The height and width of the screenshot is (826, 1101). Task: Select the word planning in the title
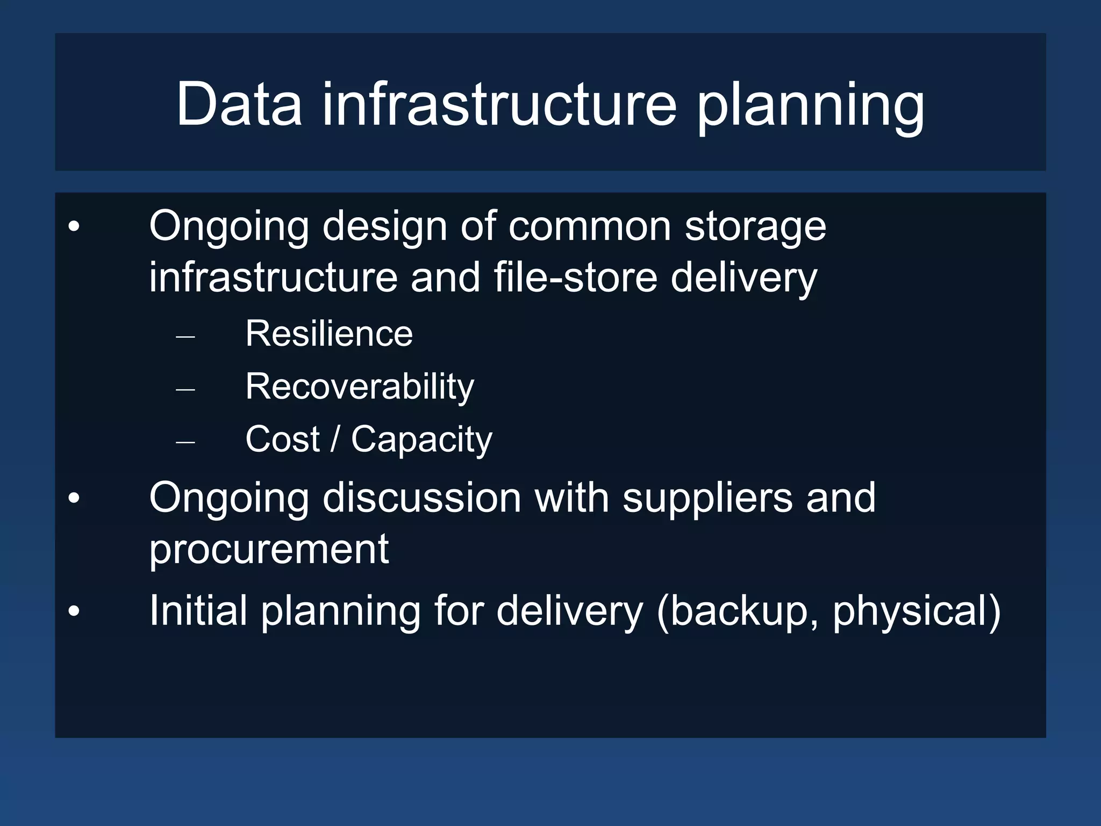tap(811, 106)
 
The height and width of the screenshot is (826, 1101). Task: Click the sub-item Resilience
tap(329, 333)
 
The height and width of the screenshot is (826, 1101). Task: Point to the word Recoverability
tap(360, 387)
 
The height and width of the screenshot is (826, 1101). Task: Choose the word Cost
tap(282, 439)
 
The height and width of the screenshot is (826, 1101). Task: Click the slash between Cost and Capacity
tap(335, 439)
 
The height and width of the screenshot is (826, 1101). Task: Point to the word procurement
tap(269, 550)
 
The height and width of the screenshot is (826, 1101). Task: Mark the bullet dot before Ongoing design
tap(74, 226)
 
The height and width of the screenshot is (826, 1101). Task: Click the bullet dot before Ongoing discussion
tap(74, 498)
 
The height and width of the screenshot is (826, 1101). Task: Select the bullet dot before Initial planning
tap(74, 611)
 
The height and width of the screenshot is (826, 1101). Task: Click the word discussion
tap(421, 497)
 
